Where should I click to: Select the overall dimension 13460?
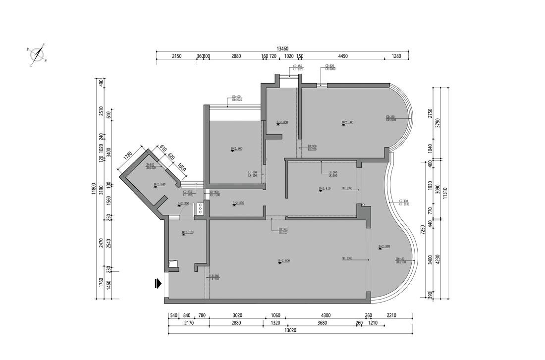pyautogui.click(x=282, y=49)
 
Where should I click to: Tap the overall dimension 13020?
pyautogui.click(x=290, y=330)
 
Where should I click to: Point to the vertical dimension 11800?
pyautogui.click(x=93, y=189)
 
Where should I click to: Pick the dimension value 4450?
pyautogui.click(x=343, y=56)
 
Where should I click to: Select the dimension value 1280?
pyautogui.click(x=396, y=56)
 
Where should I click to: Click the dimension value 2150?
pyautogui.click(x=177, y=56)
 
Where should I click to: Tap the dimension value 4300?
pyautogui.click(x=326, y=315)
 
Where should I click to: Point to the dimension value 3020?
pyautogui.click(x=237, y=315)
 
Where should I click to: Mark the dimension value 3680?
pyautogui.click(x=322, y=323)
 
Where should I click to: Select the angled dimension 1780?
pyautogui.click(x=128, y=155)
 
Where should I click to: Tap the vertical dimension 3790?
pyautogui.click(x=437, y=122)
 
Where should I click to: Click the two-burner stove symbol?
pyautogui.click(x=201, y=207)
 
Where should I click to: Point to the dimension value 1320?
pyautogui.click(x=275, y=323)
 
